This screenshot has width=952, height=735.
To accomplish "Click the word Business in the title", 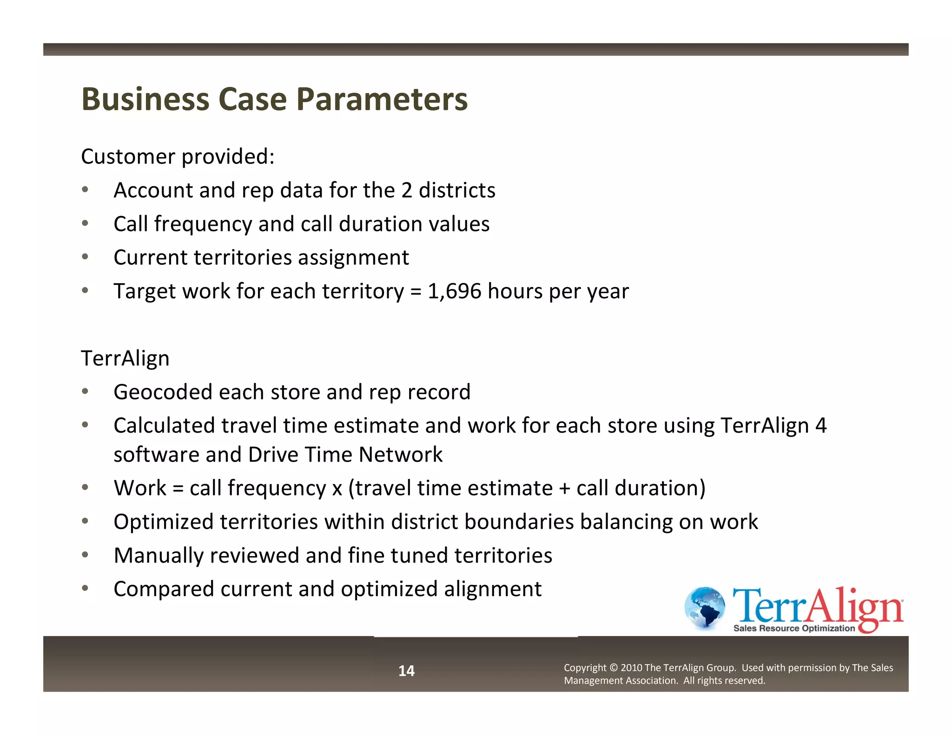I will pos(145,99).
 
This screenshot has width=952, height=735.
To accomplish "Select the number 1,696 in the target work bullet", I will pos(454,291).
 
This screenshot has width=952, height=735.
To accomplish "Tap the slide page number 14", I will pos(406,671).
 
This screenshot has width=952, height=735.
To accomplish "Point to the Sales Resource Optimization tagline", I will pos(794,629).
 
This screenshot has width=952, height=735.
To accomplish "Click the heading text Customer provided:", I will pos(178,157).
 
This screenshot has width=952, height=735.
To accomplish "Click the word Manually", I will pos(159,556).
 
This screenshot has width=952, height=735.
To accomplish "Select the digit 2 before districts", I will pos(407,190).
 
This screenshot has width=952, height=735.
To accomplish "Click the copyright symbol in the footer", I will pos(613,668).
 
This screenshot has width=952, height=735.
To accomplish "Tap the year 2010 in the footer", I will pos(631,668).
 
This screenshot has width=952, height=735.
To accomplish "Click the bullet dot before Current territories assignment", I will pos(85,257).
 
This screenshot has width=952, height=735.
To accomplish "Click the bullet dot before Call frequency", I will pos(85,223).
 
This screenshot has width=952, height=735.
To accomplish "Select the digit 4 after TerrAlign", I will pos(821,426).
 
